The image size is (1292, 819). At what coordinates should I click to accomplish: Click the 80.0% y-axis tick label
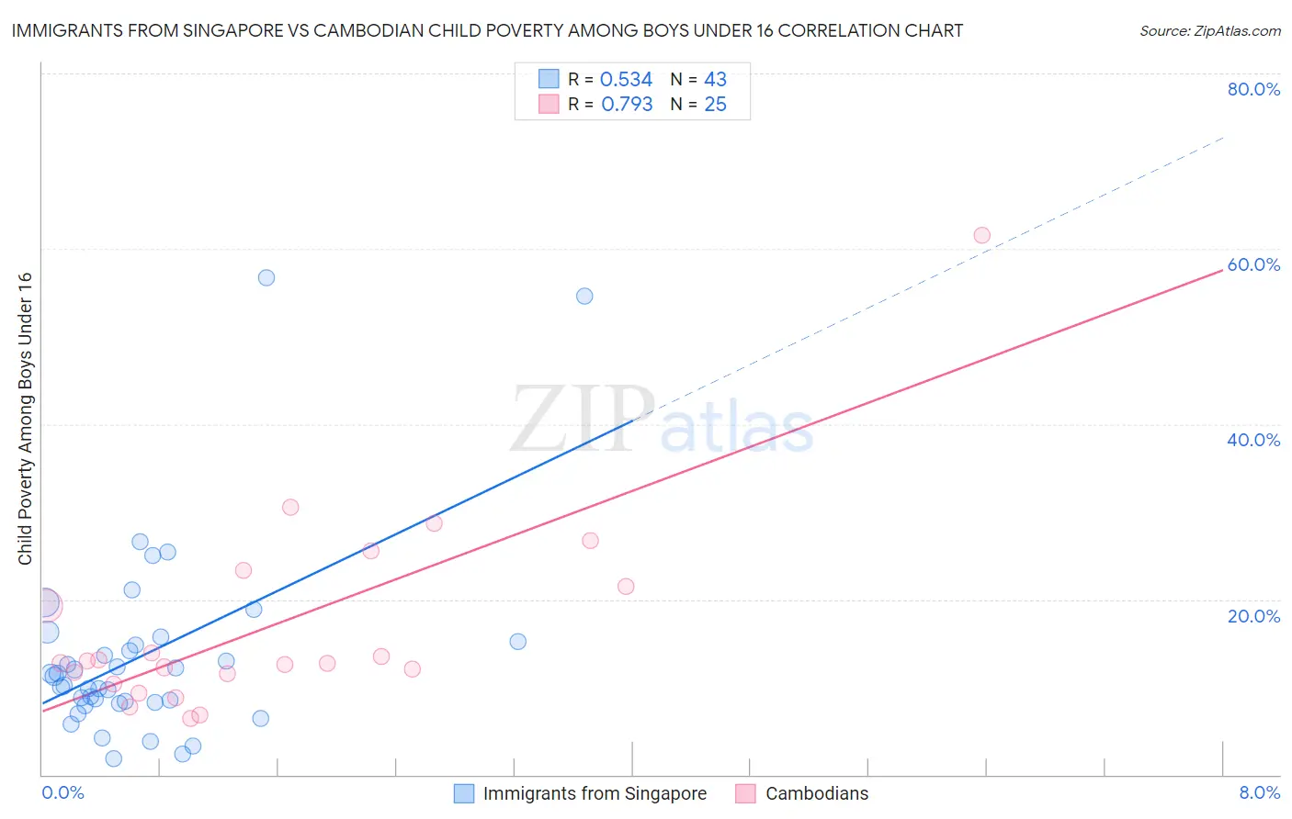1253,89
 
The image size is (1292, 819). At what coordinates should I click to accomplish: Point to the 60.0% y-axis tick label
1253,264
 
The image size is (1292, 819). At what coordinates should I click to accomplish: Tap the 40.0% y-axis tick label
1253,440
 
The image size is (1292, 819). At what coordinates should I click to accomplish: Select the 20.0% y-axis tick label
1253,615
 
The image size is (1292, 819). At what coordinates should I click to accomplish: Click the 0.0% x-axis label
62,792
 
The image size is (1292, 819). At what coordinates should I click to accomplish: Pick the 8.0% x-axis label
1259,792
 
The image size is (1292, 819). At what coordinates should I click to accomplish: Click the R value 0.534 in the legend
626,80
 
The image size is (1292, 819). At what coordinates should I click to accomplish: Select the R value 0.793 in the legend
627,105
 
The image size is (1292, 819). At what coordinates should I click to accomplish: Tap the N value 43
715,80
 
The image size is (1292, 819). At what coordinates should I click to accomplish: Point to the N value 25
715,105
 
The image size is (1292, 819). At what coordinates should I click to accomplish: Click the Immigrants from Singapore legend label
595,793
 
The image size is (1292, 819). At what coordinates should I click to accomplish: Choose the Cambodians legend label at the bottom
816,793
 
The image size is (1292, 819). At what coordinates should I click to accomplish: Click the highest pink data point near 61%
981,235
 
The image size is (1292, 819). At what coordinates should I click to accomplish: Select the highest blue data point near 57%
266,277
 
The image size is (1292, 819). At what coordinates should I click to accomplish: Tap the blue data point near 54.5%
584,296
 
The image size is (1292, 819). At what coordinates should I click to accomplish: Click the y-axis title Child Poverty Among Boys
25,419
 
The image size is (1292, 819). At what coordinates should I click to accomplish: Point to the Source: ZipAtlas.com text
1209,31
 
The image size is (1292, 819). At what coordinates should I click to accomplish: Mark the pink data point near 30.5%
290,507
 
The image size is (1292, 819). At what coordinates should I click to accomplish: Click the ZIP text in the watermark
583,421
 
